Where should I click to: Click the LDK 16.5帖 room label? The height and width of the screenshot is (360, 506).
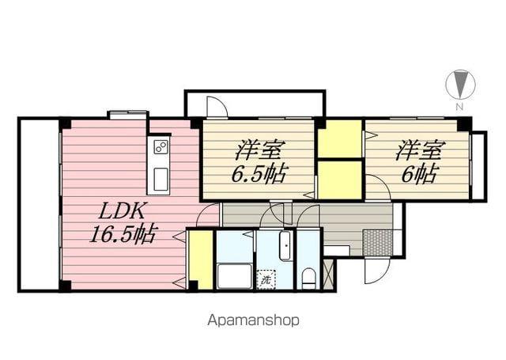click(x=123, y=222)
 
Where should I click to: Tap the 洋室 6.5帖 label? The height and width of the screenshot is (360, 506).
click(x=259, y=161)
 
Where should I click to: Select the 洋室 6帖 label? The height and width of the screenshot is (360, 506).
click(x=420, y=161)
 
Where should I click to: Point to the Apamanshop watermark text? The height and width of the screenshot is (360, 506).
click(x=253, y=320)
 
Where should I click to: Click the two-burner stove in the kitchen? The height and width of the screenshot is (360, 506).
click(x=161, y=147)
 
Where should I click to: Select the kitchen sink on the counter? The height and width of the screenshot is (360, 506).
click(x=160, y=179)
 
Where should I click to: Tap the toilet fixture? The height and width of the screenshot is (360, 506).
click(x=309, y=279)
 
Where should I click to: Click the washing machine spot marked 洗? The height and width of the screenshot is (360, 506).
click(x=266, y=279)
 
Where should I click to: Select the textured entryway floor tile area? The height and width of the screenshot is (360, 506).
click(x=378, y=242)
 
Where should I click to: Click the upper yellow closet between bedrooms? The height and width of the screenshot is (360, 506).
click(x=340, y=138)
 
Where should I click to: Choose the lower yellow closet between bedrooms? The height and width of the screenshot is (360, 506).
click(x=340, y=180)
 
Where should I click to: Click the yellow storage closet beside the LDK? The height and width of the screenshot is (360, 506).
click(x=201, y=260)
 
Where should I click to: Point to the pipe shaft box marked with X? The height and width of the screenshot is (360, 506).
click(x=330, y=274)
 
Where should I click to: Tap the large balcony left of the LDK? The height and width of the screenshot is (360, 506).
click(x=40, y=205)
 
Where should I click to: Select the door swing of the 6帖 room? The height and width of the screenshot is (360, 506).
click(x=378, y=188)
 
